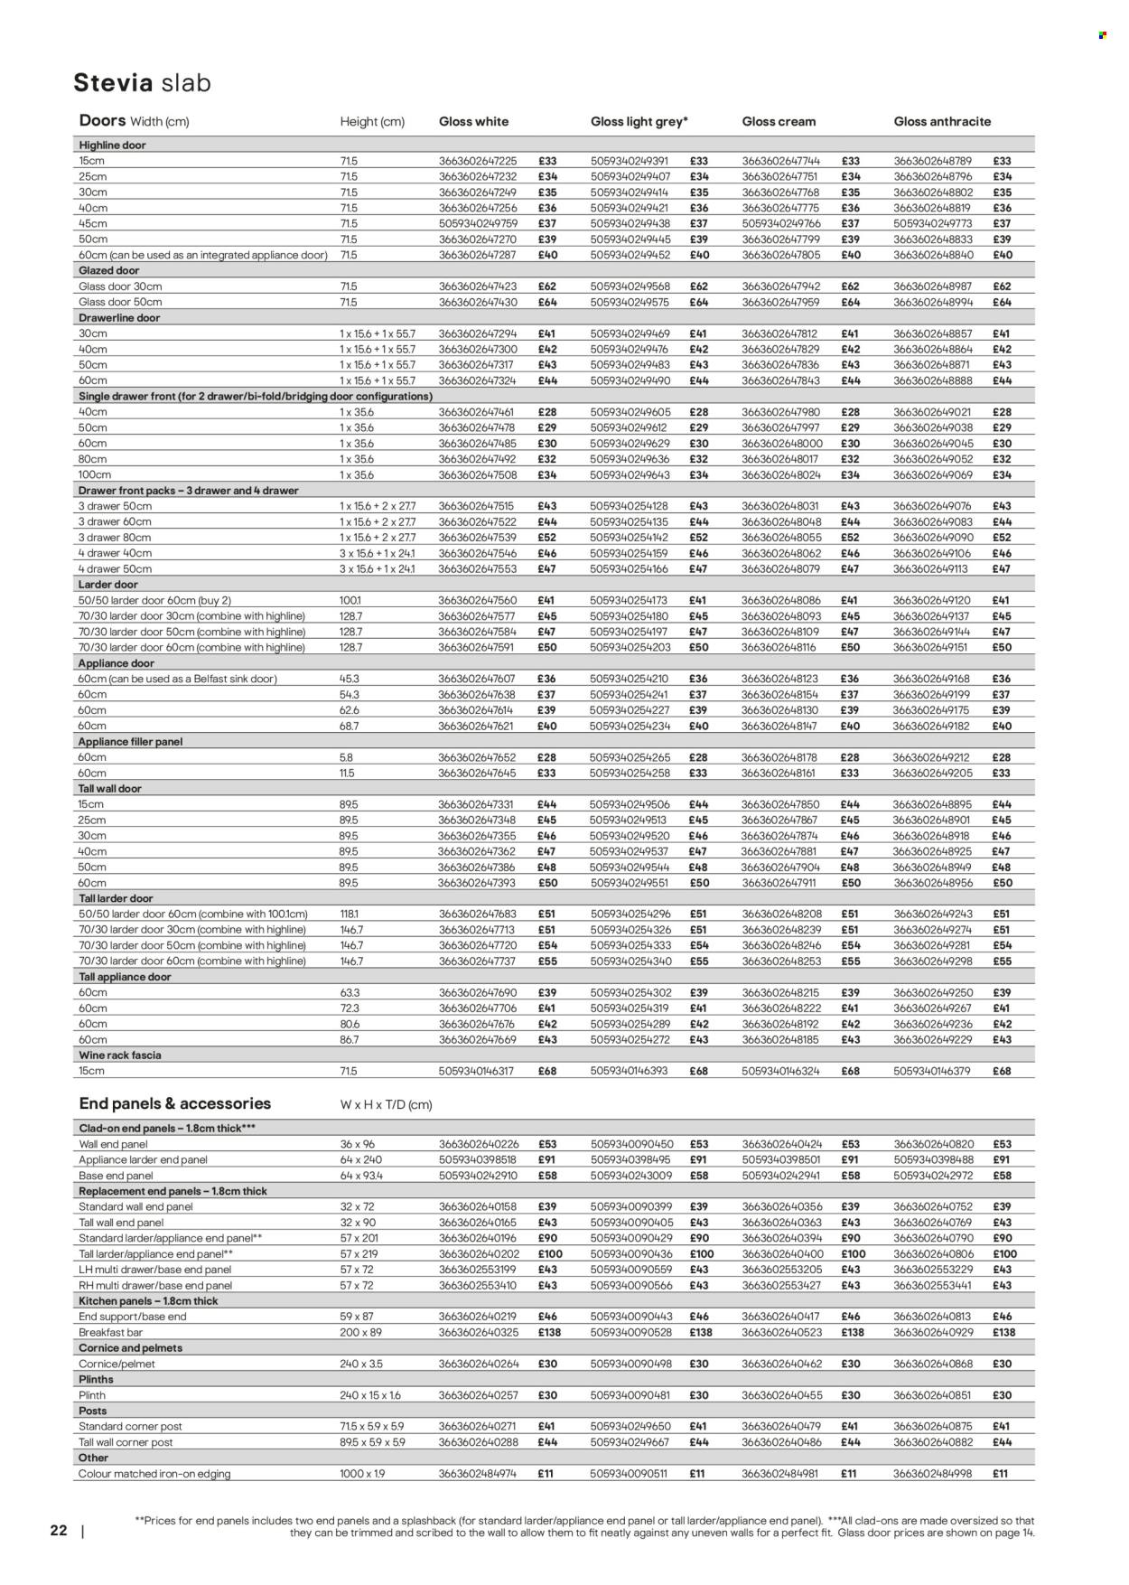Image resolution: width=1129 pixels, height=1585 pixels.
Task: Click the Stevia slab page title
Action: (x=142, y=83)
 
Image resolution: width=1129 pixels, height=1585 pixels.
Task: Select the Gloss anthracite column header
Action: (x=942, y=121)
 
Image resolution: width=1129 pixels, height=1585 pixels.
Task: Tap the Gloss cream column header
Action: (x=779, y=121)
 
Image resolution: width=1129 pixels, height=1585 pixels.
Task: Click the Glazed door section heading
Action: (x=108, y=270)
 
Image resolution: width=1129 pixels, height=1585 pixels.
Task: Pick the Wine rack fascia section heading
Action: (x=120, y=1055)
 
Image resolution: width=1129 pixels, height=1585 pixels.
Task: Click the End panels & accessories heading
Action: (x=175, y=1103)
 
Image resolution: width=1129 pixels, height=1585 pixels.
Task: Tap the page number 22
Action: (x=59, y=1531)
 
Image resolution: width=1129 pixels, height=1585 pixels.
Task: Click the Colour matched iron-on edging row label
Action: (x=154, y=1474)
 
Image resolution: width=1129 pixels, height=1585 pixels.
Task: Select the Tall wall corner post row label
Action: (x=126, y=1442)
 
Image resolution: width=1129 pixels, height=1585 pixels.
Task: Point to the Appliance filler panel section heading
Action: (x=131, y=741)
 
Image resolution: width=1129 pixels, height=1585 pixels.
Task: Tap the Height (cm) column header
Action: (x=372, y=122)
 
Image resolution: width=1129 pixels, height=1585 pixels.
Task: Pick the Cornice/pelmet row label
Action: (x=117, y=1364)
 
